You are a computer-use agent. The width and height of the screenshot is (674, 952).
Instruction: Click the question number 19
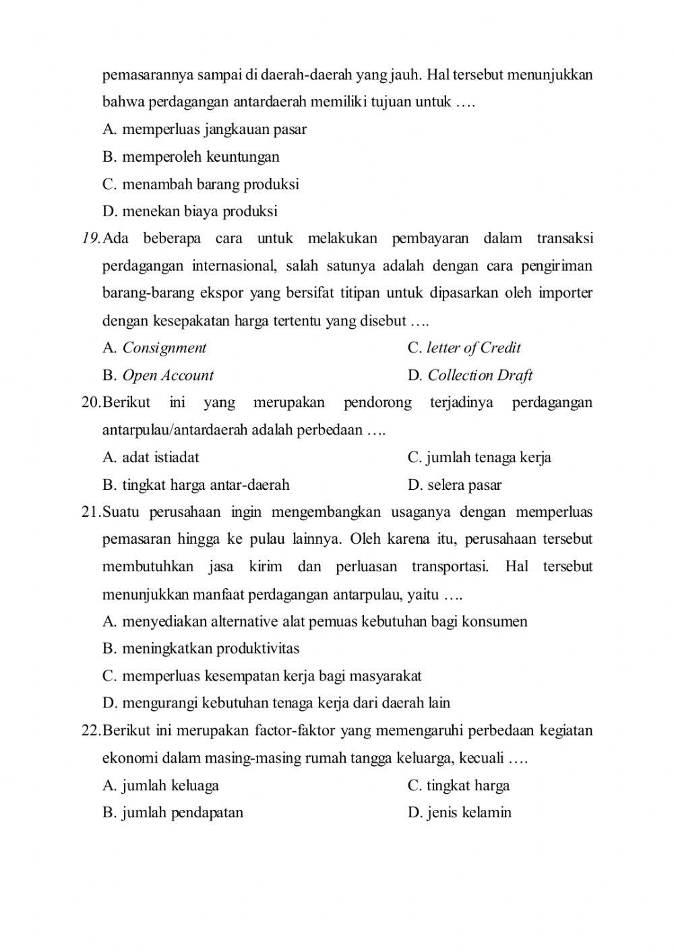click(90, 239)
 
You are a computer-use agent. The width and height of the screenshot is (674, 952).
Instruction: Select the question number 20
click(90, 403)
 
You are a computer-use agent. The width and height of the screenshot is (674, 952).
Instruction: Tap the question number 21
click(90, 512)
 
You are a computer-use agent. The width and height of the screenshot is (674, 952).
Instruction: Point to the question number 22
click(90, 731)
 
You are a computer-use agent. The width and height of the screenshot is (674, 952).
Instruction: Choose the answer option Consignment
click(164, 348)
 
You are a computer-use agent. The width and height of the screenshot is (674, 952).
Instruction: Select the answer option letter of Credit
click(473, 348)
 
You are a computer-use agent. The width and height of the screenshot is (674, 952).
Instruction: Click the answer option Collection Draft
click(480, 376)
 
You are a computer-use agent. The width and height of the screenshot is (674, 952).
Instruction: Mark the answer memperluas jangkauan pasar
click(214, 129)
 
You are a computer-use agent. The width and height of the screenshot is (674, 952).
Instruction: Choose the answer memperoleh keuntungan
click(200, 157)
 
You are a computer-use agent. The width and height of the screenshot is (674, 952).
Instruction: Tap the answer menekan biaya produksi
click(200, 212)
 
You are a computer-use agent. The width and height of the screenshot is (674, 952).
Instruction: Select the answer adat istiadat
click(160, 457)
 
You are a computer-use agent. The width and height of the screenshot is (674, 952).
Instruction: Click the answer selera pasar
click(464, 485)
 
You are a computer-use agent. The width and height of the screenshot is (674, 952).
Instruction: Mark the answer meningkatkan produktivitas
click(210, 649)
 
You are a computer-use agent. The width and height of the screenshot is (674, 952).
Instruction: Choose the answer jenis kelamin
click(469, 813)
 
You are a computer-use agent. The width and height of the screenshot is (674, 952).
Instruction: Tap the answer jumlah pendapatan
click(182, 813)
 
